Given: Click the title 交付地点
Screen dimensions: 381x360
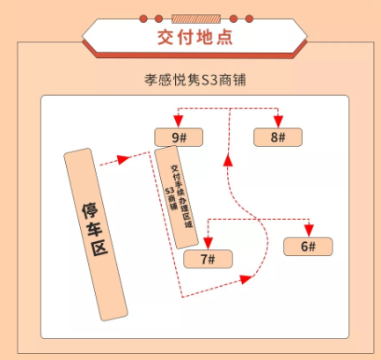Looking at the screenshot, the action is [194, 37].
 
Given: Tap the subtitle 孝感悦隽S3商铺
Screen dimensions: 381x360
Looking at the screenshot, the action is [195, 80].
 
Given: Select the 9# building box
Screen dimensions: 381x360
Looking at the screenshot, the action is [179, 137].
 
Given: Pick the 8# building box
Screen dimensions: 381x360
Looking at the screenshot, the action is [278, 137].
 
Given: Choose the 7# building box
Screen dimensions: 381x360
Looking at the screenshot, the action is [208, 259].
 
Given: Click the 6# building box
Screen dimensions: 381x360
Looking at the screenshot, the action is [308, 246].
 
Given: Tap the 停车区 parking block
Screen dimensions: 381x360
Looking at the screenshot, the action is [96, 234].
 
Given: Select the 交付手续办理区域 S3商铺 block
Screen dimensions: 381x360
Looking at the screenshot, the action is [176, 197].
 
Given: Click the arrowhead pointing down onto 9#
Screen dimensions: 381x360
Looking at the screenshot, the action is [178, 121].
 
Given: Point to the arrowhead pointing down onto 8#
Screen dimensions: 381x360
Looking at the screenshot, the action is [278, 121].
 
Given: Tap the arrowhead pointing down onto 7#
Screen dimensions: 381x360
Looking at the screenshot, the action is [208, 243].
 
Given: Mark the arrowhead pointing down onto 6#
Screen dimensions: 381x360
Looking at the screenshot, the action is [309, 231].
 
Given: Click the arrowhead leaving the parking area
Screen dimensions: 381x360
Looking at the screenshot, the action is [123, 159].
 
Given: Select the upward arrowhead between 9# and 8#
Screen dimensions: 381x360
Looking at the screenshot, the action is [228, 161].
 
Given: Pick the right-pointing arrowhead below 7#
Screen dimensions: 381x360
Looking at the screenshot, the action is [245, 279].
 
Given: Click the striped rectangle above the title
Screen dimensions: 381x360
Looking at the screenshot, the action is [196, 18].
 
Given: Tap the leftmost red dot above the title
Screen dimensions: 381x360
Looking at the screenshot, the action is [143, 18].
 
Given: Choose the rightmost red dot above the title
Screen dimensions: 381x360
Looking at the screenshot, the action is [249, 18].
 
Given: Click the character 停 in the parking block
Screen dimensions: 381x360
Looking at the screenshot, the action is [90, 210].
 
